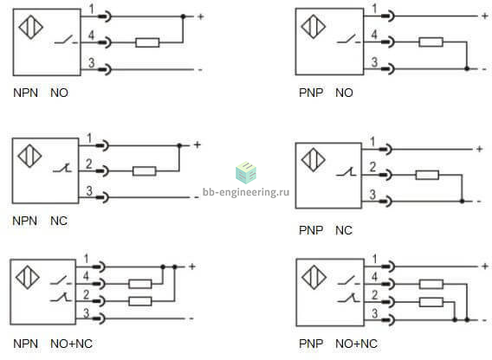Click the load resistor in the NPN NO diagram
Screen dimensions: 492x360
click(147, 42)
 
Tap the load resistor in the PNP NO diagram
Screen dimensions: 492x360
click(430, 42)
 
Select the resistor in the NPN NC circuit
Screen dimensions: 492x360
click(145, 171)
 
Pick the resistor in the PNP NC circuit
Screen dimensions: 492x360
click(427, 175)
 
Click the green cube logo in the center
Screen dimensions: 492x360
click(246, 172)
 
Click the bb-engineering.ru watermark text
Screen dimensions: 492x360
click(246, 192)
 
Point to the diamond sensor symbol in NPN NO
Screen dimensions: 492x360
click(31, 28)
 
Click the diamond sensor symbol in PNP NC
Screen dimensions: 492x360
click(314, 160)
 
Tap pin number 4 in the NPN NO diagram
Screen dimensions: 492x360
click(91, 35)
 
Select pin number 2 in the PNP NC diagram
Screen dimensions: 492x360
click(372, 167)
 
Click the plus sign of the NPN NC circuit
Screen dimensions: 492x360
click(197, 145)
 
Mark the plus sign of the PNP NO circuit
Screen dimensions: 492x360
click(485, 16)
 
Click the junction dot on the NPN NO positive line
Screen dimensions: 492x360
click(184, 16)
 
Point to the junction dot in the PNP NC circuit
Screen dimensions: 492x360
click(462, 201)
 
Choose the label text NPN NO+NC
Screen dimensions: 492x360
click(53, 344)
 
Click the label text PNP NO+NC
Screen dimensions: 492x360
click(338, 344)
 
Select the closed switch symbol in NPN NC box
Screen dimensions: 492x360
click(62, 169)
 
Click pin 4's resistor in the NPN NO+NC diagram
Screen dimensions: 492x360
click(140, 284)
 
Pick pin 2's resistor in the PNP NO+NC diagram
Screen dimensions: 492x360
click(431, 302)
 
